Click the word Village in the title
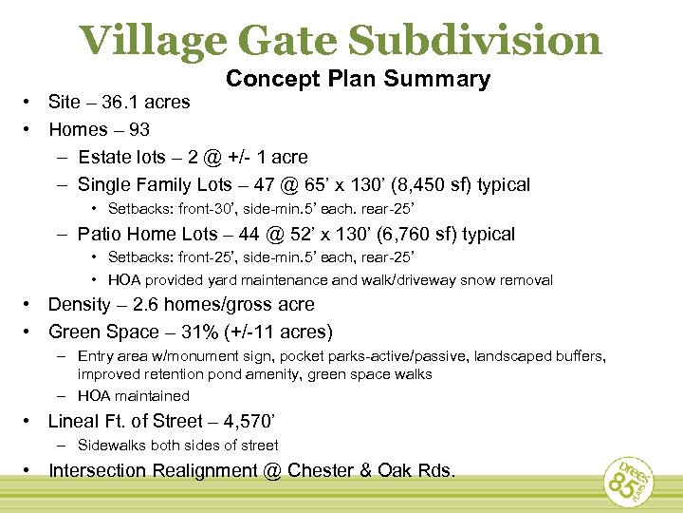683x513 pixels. [x=150, y=40]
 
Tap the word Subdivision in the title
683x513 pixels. [x=475, y=40]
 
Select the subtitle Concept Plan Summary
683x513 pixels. [x=359, y=80]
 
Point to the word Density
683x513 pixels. [x=81, y=305]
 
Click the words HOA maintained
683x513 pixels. [x=134, y=396]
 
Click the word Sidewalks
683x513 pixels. [x=113, y=445]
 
